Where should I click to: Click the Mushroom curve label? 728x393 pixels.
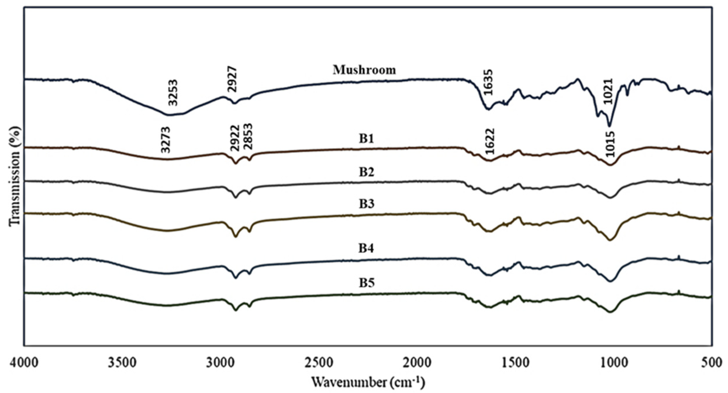(364, 70)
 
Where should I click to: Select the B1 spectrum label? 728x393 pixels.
(367, 139)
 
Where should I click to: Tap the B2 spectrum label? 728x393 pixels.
(367, 172)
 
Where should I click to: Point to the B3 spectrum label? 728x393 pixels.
(367, 204)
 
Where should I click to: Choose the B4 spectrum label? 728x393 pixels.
(367, 248)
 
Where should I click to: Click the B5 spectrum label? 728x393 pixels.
(367, 283)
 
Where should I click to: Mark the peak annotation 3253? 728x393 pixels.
(173, 92)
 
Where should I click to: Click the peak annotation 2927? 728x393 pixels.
(232, 79)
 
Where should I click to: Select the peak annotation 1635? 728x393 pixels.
(488, 82)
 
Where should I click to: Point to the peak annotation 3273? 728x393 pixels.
(165, 140)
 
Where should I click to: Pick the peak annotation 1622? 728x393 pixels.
(489, 141)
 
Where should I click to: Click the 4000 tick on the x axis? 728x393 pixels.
(24, 363)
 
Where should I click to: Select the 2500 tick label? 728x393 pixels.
(318, 363)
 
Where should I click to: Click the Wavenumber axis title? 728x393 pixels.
(368, 382)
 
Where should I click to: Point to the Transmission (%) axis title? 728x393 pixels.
(15, 176)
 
